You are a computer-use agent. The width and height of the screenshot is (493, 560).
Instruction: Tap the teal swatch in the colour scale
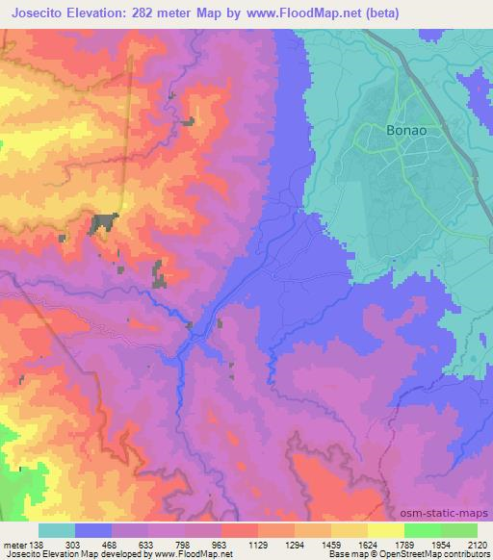pyautogui.click(x=57, y=530)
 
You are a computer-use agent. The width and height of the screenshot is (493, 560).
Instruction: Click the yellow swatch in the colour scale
pyautogui.click(x=385, y=530)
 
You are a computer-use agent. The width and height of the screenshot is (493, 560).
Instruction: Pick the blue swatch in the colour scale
pyautogui.click(x=93, y=530)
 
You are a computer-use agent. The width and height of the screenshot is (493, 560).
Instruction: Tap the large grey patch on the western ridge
pyautogui.click(x=101, y=223)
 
